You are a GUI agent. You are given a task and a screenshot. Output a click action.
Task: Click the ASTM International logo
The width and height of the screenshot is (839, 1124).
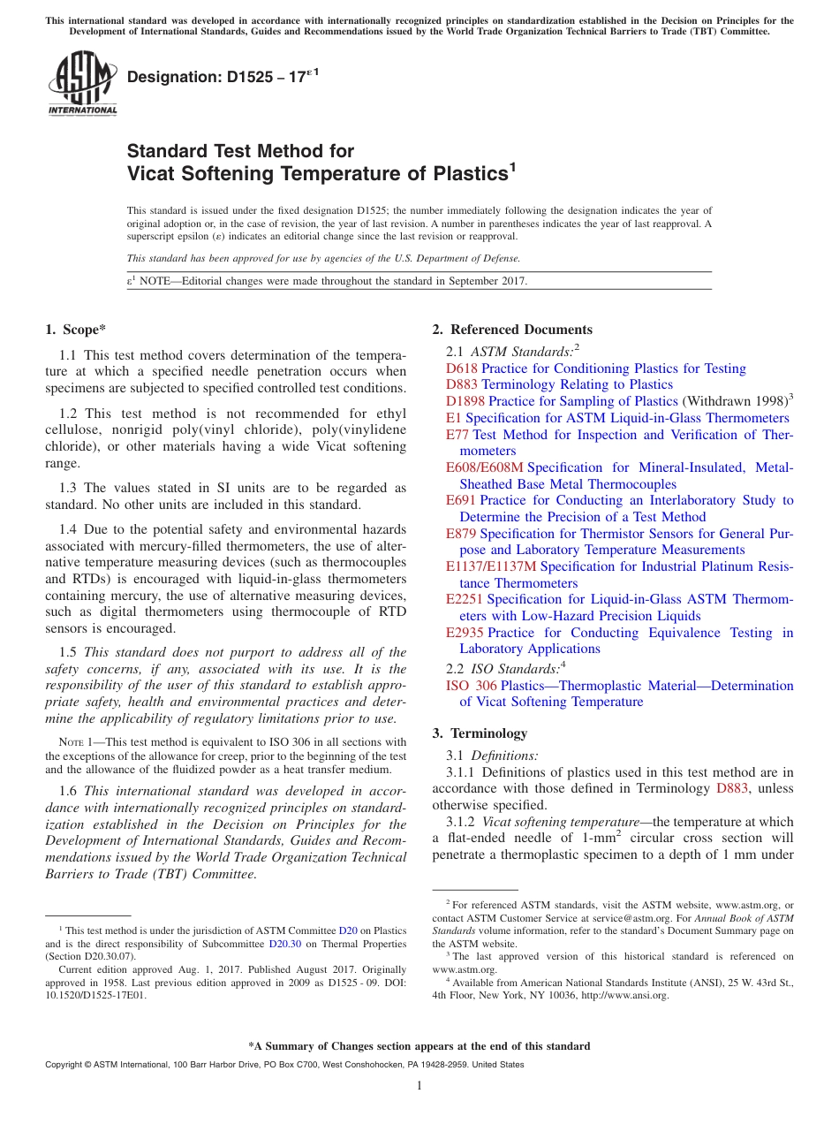tap(82, 84)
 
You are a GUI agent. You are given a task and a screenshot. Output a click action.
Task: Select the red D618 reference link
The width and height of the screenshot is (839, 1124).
tap(462, 368)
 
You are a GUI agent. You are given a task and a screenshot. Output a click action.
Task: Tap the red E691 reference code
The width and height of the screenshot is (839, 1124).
tap(461, 500)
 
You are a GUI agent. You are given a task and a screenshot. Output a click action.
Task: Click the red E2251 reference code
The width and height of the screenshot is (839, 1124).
tap(465, 599)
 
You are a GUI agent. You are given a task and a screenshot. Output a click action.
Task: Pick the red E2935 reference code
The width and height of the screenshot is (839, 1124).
tap(465, 633)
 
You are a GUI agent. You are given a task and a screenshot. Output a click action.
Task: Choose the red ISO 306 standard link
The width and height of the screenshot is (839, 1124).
tap(472, 686)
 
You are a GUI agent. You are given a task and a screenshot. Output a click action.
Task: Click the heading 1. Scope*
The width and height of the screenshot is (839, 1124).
tap(75, 330)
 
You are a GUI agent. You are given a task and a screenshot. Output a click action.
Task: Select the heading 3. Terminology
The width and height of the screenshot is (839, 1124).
tap(480, 733)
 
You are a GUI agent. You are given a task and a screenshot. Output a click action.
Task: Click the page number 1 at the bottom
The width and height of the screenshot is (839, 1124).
tap(419, 1086)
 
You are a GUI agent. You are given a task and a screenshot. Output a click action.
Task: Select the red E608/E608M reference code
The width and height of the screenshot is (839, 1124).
tap(484, 467)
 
